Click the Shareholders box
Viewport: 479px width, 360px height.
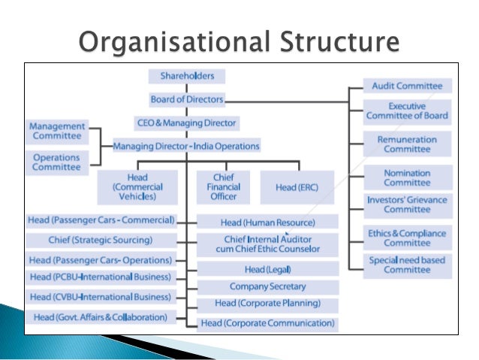click(187, 76)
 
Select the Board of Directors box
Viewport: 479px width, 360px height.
click(187, 99)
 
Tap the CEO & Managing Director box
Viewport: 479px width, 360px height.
click(187, 122)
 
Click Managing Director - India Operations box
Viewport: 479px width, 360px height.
click(187, 146)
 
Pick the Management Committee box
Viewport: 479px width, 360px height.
click(57, 132)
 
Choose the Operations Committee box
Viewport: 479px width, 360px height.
click(57, 161)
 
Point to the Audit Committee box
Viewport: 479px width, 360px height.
click(408, 86)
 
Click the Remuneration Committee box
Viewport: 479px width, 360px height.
click(408, 144)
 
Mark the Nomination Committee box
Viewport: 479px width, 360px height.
click(408, 177)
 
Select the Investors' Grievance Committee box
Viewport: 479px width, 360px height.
click(408, 204)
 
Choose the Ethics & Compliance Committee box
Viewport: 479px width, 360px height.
click(408, 237)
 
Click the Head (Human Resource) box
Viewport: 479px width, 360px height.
click(268, 222)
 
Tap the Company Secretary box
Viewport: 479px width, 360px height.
click(268, 286)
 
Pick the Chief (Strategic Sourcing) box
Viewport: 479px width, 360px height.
click(101, 241)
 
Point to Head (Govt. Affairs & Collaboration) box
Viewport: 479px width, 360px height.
click(101, 317)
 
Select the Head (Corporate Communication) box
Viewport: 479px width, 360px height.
click(268, 323)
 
